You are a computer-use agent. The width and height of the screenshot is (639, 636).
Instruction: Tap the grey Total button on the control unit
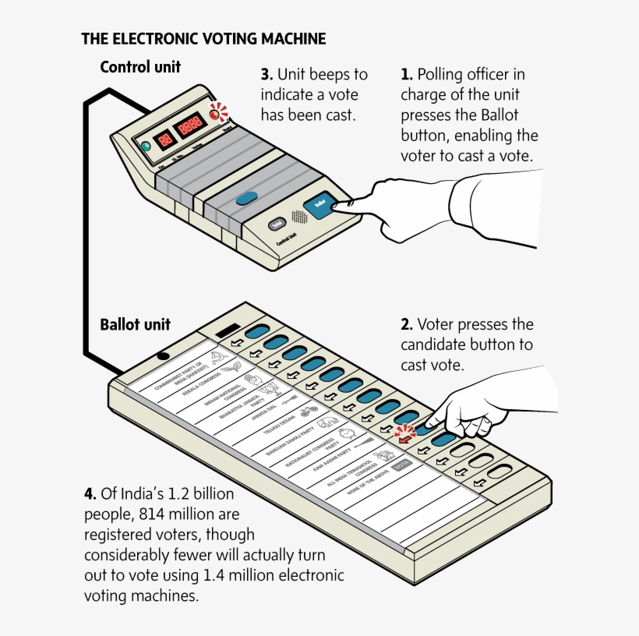[277, 224]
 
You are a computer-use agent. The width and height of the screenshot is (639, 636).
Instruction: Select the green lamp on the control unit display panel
[145, 147]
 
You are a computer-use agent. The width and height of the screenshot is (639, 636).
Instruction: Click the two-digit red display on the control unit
[165, 139]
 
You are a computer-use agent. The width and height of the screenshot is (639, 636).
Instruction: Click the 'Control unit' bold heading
[140, 67]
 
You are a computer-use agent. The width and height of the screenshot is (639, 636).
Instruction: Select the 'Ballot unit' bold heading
[135, 324]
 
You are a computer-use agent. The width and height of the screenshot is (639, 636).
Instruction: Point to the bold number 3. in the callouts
[267, 75]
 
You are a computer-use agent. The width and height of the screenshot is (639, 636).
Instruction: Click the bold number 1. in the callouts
[406, 75]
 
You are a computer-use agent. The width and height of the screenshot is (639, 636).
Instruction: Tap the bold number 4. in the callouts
[90, 494]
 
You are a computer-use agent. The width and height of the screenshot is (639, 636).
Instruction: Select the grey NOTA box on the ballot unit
[401, 465]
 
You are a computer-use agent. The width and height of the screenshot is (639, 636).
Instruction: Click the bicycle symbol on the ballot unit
[305, 408]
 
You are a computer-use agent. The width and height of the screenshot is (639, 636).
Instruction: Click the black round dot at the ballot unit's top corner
[163, 355]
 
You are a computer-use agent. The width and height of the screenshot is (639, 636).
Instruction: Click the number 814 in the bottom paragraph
[154, 514]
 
